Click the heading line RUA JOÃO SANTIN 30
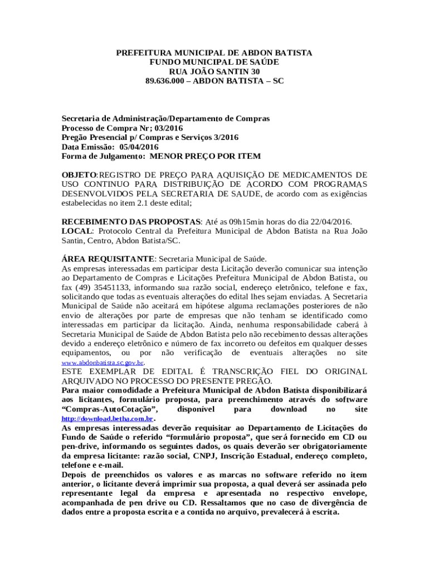214,71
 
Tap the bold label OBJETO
79,175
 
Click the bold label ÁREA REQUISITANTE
108,259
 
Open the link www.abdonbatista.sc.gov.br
103,362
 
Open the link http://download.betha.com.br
107,419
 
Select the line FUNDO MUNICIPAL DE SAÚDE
214,62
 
